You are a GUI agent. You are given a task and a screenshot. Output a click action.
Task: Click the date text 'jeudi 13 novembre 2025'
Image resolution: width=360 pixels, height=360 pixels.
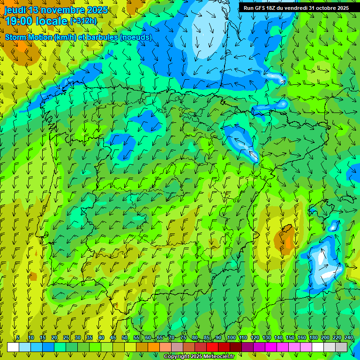(x=56, y=10)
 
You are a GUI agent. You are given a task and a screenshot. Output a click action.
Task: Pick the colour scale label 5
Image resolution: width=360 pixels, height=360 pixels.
(x=18, y=338)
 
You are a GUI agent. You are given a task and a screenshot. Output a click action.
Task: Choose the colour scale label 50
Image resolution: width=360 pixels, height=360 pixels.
(x=125, y=338)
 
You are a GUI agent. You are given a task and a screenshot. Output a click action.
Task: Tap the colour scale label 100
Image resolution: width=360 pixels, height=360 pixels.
(x=232, y=338)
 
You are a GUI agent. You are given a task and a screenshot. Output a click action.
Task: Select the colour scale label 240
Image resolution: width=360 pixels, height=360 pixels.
(x=348, y=338)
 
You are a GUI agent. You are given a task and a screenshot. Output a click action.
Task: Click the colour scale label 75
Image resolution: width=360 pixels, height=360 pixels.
(x=183, y=338)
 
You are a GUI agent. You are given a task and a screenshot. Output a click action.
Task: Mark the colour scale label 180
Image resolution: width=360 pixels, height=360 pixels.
(x=313, y=338)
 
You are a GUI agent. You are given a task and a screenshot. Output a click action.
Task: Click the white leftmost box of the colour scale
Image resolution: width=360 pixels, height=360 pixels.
(x=13, y=347)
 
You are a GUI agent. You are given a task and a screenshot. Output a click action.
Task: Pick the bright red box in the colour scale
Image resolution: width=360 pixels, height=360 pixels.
(x=212, y=347)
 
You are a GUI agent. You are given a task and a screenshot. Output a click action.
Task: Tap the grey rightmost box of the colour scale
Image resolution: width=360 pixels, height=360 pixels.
(x=341, y=347)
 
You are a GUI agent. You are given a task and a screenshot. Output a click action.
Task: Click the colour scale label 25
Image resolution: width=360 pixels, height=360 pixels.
(x=66, y=338)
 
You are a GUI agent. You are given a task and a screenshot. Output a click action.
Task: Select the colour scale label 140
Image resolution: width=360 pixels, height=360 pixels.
(x=278, y=338)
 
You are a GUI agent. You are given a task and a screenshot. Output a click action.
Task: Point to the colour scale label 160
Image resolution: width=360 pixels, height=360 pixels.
(x=302, y=338)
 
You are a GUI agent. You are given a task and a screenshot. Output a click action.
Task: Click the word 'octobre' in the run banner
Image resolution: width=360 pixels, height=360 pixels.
(x=326, y=8)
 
